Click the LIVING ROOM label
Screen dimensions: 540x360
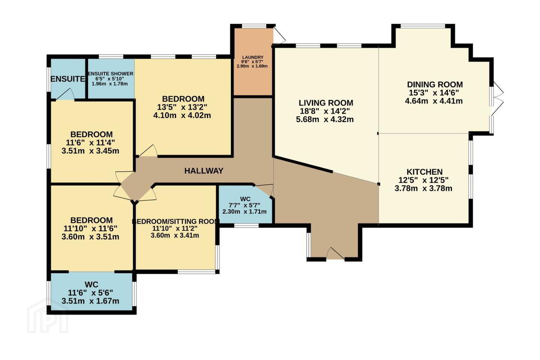(x=326, y=103)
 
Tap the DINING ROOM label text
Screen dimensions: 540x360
(x=435, y=85)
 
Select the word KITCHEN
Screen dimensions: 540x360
(x=424, y=172)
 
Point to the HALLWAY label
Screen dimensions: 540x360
(x=204, y=171)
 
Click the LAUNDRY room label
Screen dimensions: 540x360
(x=253, y=57)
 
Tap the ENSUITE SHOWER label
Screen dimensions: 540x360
(x=111, y=74)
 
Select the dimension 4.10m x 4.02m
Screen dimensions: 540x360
(x=182, y=115)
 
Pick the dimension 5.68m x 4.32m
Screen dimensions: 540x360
(x=325, y=119)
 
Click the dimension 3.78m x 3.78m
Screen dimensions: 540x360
(x=423, y=188)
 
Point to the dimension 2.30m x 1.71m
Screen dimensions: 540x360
(x=244, y=212)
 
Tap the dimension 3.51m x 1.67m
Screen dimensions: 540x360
(x=90, y=301)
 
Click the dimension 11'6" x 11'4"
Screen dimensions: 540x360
(x=90, y=143)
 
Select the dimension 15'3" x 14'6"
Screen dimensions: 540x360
(x=433, y=93)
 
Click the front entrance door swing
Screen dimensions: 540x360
(x=336, y=253)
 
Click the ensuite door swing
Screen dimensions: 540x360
(x=65, y=94)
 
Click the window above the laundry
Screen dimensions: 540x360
(x=254, y=25)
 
